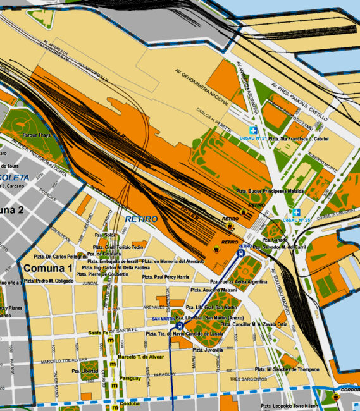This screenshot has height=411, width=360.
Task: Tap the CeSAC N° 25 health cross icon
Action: tap(295, 212)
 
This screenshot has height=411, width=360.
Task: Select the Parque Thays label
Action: tap(37, 135)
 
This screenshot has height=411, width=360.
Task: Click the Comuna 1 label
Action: tap(46, 267)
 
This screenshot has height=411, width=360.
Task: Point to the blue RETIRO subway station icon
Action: tap(241, 252)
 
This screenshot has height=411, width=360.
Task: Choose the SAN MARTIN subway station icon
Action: tap(180, 326)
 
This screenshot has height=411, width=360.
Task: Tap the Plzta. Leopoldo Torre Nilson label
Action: tap(291, 405)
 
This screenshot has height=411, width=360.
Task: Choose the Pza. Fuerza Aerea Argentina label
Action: tap(239, 281)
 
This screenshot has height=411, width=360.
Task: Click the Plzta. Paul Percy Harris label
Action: tap(166, 277)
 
